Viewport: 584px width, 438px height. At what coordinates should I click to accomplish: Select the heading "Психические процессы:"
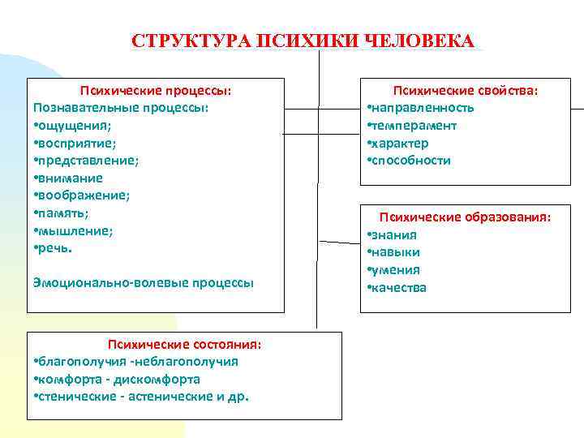pos(155,90)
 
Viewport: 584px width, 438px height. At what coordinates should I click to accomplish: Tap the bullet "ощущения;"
pos(74,125)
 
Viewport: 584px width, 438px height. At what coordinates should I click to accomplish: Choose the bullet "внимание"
pos(69,178)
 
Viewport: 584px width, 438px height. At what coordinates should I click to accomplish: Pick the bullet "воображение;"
pos(82,195)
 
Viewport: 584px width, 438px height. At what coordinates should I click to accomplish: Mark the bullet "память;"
pos(62,213)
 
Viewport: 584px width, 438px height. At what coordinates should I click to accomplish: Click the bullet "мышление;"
pos(74,230)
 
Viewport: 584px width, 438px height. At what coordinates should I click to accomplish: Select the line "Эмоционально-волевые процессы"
pos(144,282)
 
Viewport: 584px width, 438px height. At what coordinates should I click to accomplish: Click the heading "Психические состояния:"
pos(186,344)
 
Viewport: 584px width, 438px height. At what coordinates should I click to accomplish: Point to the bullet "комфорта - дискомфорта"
pos(119,379)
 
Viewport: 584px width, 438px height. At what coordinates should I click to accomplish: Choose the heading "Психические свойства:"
pos(466,90)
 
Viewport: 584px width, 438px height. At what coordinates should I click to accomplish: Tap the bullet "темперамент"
pos(413,126)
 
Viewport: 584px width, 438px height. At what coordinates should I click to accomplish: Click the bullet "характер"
pos(400,144)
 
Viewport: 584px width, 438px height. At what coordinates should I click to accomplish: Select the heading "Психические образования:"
pos(465,217)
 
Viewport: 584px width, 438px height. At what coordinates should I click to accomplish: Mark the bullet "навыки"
pos(396,252)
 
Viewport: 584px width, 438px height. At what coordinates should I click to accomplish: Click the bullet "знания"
pos(394,235)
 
